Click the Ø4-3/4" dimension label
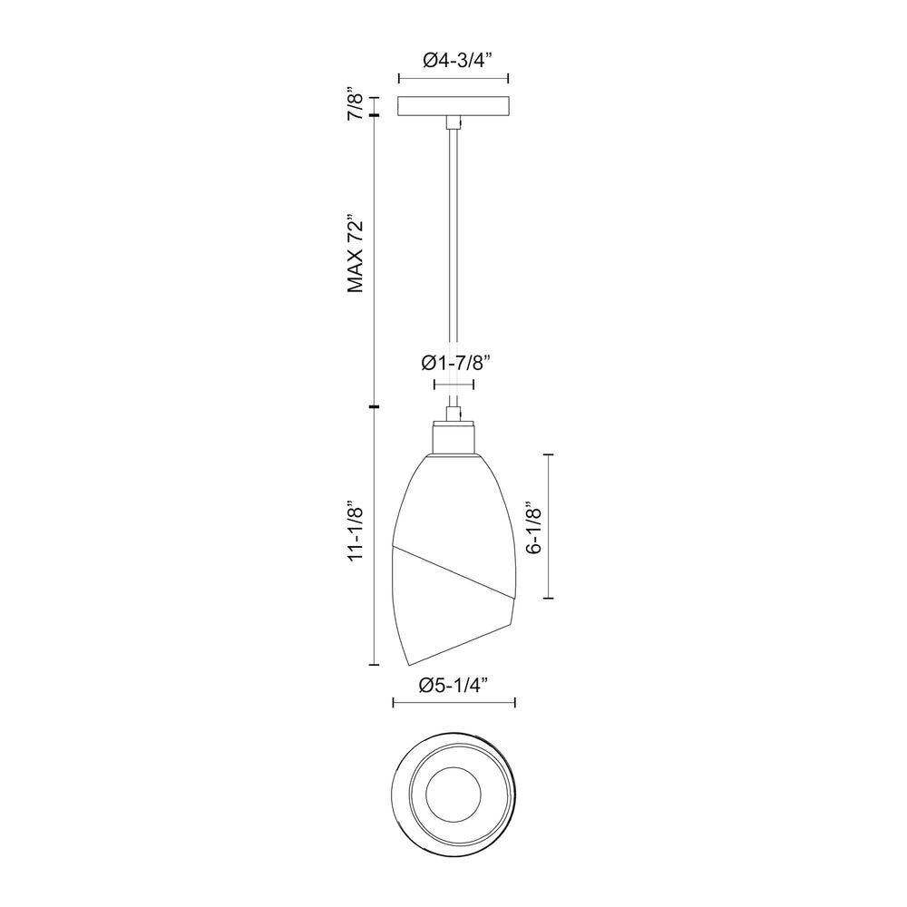456,60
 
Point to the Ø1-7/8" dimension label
455,363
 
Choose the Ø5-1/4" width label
453,685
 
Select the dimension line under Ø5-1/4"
453,702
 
